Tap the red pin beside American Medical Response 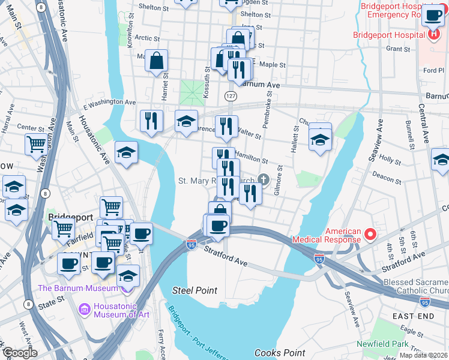[371, 234]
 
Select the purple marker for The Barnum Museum [126, 288]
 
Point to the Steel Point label [194, 290]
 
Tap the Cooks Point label [280, 353]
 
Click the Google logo [19, 353]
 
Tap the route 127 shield [231, 96]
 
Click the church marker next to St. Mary [263, 179]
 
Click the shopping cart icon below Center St [37, 144]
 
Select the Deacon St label [387, 178]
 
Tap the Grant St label [397, 48]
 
